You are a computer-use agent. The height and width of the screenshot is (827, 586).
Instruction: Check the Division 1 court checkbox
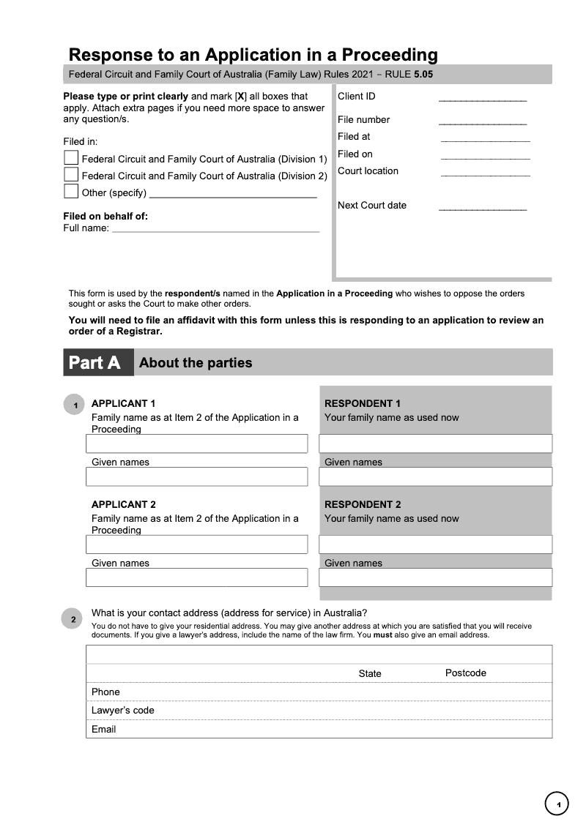[71, 158]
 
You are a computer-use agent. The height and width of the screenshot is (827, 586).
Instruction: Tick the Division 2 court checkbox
[71, 175]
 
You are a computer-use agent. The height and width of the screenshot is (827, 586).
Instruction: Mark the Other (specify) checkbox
[71, 192]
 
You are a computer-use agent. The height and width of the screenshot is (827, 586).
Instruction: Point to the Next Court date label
[372, 206]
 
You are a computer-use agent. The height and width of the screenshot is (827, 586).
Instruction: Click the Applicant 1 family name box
[196, 444]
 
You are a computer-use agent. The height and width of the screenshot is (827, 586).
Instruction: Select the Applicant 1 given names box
[196, 476]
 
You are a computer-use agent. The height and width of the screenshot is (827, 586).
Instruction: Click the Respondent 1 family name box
[435, 444]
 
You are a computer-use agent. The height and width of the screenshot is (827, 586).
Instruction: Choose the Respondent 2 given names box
[435, 577]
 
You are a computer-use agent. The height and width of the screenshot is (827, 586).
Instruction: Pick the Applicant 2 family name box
[196, 545]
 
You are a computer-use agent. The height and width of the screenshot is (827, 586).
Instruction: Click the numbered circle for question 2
[73, 620]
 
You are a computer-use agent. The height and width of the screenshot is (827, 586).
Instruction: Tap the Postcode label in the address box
[466, 673]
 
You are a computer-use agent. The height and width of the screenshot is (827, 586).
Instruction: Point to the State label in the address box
[370, 674]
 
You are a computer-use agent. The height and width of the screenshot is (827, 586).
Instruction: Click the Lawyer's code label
[123, 711]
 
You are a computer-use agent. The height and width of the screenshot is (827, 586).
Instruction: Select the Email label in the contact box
[104, 730]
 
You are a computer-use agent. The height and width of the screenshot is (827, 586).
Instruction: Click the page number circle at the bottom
[557, 805]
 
